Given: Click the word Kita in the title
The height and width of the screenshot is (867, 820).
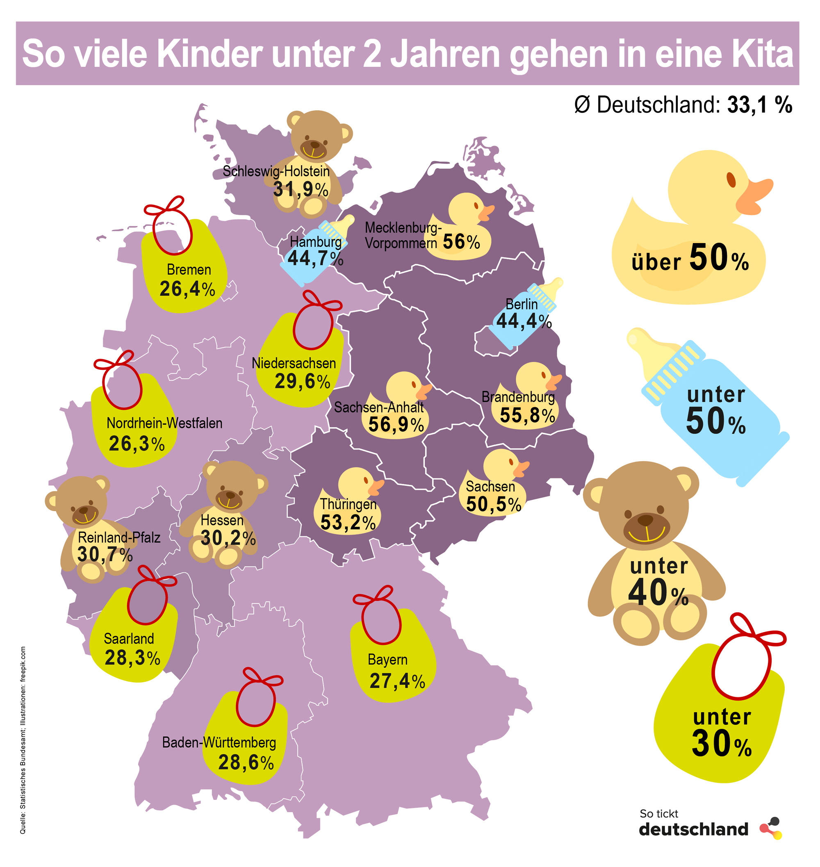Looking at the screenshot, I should tap(759, 54).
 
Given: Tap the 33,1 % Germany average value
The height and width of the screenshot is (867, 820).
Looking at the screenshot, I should tap(760, 105).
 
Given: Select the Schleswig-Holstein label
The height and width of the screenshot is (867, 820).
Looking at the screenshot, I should tap(276, 171).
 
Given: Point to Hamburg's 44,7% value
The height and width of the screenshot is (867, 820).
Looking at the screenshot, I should tap(315, 259).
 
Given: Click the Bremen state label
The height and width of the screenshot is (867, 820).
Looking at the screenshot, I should tap(189, 270).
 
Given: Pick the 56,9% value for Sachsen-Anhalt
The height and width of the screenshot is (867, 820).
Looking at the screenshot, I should tap(396, 424).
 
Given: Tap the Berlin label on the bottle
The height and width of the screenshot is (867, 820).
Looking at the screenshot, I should tap(522, 304).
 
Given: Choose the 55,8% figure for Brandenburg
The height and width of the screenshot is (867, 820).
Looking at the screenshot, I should tap(527, 415).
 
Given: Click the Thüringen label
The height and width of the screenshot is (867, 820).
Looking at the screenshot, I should tap(348, 504).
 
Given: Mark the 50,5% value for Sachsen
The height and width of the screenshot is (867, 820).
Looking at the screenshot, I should tap(494, 504).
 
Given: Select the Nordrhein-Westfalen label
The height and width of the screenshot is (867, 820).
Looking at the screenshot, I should tap(164, 423).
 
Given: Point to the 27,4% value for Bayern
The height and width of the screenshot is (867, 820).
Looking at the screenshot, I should tap(397, 681).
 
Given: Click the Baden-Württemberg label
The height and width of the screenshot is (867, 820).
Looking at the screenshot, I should tap(219, 742).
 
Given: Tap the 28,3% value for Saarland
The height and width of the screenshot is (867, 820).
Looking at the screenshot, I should tap(132, 658).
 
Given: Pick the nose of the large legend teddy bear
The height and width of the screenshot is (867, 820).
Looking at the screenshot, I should tap(645, 520).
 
